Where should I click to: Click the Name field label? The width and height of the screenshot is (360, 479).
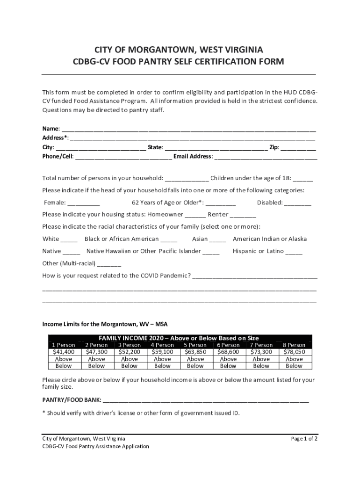click(x=50, y=129)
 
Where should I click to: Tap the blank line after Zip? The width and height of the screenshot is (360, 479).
click(x=299, y=148)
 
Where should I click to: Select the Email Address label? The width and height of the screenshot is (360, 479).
click(x=193, y=157)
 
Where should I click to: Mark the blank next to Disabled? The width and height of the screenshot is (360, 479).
click(x=298, y=203)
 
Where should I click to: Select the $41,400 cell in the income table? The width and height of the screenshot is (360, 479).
click(x=64, y=352)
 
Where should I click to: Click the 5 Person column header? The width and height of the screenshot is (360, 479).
click(x=195, y=345)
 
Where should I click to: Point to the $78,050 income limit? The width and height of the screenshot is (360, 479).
click(x=294, y=352)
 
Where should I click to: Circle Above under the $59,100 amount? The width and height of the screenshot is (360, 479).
click(x=162, y=359)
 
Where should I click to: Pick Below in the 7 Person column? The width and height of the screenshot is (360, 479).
click(x=261, y=366)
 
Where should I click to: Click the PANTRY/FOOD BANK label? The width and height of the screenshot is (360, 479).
click(x=72, y=400)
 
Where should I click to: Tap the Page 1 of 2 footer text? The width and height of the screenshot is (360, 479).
click(x=304, y=439)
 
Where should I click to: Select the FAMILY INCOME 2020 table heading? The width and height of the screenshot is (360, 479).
click(x=179, y=338)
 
